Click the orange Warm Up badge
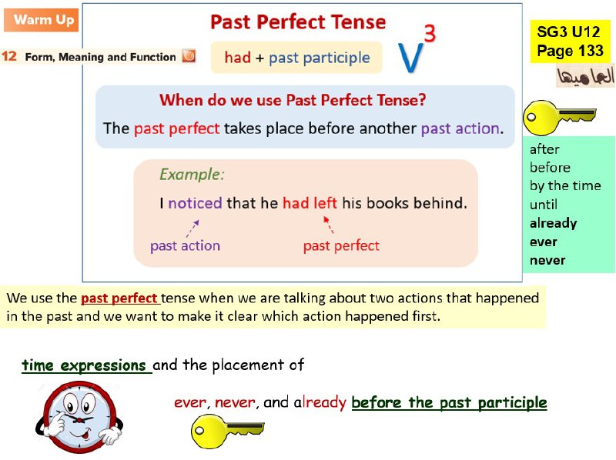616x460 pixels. click(x=42, y=20)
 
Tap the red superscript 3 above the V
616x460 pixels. click(x=430, y=33)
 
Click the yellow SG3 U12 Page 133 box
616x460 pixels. click(x=570, y=42)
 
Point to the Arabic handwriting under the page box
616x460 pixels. click(x=585, y=75)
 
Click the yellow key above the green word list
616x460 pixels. click(x=559, y=117)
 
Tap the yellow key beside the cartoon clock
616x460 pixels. click(x=227, y=431)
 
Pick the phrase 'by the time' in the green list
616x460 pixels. click(x=565, y=185)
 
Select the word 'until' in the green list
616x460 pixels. click(x=544, y=205)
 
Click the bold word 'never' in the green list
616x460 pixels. click(x=547, y=260)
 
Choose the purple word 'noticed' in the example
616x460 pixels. click(x=195, y=203)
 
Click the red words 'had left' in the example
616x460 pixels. click(x=310, y=203)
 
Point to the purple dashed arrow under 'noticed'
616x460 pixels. click(x=192, y=228)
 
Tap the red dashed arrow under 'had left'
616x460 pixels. click(x=329, y=225)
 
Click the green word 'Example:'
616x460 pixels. click(x=192, y=175)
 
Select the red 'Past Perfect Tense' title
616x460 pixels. click(x=298, y=22)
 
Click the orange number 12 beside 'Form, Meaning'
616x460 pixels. click(x=9, y=56)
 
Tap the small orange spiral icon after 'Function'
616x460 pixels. click(x=189, y=55)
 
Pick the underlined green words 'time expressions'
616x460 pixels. click(x=84, y=365)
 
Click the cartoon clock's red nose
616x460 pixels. click(x=80, y=420)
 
